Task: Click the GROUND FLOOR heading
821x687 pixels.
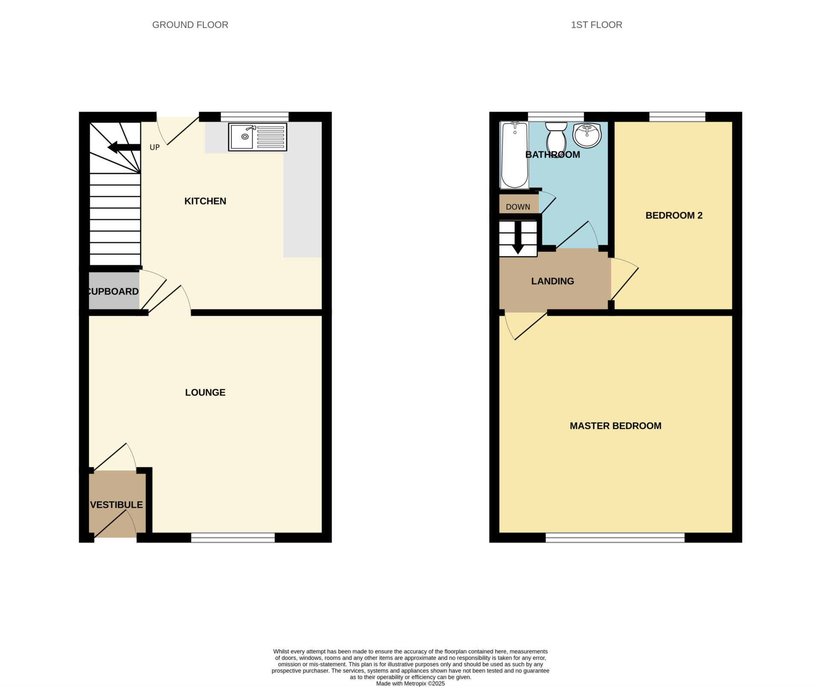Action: point(190,25)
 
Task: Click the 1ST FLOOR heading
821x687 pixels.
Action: point(597,25)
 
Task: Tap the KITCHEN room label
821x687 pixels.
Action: point(205,201)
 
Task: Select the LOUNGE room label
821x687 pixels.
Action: point(205,392)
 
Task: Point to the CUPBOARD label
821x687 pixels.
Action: point(113,291)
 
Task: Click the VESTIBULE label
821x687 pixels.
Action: point(116,505)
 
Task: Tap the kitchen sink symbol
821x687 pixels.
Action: point(257,137)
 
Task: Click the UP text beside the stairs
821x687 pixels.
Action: point(154,148)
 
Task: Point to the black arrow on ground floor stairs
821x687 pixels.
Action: point(124,148)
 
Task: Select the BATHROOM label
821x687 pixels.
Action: point(552,155)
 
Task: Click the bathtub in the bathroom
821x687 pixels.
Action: point(514,155)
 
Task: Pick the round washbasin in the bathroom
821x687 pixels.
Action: point(587,135)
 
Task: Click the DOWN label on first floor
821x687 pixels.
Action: point(518,207)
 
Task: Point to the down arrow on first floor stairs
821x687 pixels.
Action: point(518,238)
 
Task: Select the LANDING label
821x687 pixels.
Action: point(552,281)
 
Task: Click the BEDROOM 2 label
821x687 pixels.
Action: point(674,216)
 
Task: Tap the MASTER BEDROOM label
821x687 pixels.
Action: point(615,426)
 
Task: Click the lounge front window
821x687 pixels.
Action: point(233,538)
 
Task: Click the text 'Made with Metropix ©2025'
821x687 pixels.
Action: point(410,684)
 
